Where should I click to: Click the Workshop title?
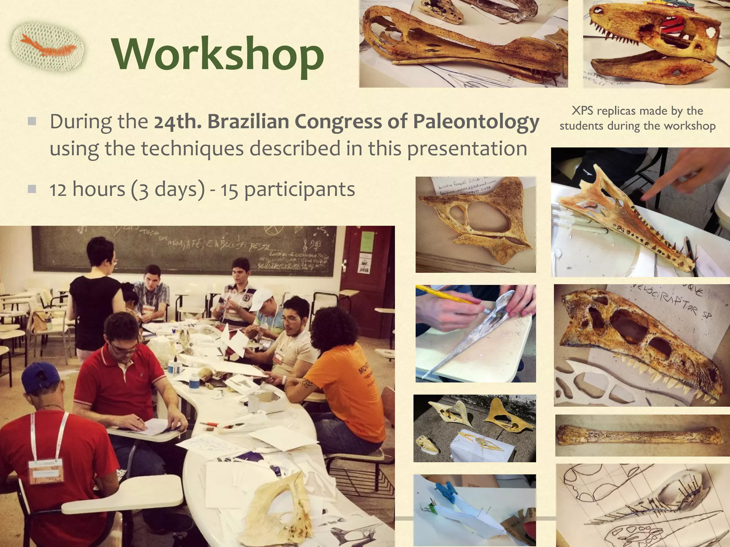point(218,54)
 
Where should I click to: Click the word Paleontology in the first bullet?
point(476,122)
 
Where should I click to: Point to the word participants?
point(299,189)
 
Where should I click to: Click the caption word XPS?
point(583,111)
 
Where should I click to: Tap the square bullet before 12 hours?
point(32,189)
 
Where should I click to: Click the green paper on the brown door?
point(366,241)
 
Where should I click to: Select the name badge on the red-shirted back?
point(46,470)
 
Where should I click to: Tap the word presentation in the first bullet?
point(467,149)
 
